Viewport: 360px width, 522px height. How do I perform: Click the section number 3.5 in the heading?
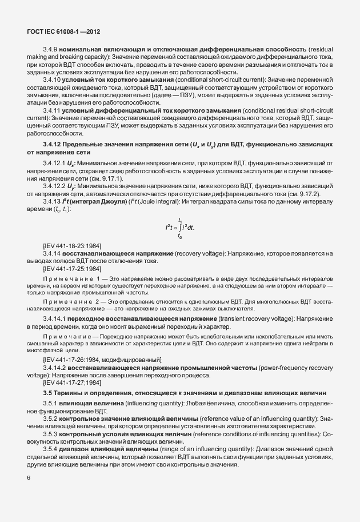point(47,393)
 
